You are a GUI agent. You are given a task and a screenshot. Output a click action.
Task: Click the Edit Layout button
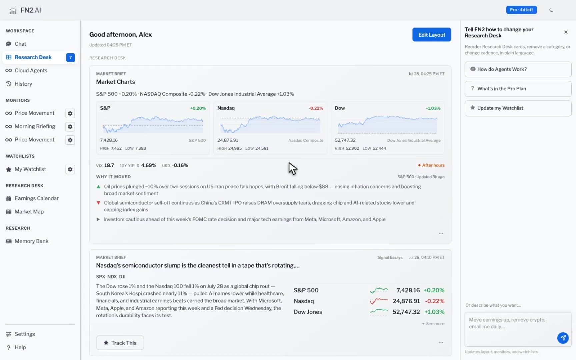coord(432,35)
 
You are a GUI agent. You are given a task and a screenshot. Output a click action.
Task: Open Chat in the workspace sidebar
coord(20,44)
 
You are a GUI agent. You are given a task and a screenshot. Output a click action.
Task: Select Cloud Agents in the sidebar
coord(31,71)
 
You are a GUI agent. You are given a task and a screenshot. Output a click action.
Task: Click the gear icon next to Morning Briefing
coord(70,127)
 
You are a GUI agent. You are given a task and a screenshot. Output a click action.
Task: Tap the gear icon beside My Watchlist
coord(70,169)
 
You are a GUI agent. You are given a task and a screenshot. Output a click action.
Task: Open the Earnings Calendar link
coord(37,198)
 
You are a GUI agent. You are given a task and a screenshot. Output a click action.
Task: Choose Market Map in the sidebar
coord(29,212)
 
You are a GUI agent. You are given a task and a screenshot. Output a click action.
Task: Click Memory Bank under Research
coord(32,241)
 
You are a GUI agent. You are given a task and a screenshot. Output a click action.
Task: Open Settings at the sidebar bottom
coord(25,334)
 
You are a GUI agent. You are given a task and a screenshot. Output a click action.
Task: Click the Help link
coord(20,347)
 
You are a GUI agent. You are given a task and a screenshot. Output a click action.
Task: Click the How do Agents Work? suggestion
coord(518,69)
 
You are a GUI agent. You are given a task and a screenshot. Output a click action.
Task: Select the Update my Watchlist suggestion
coord(518,108)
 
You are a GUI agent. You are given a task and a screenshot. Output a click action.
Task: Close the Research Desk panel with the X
coord(566,32)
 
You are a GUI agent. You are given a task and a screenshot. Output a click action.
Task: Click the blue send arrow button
coord(563,338)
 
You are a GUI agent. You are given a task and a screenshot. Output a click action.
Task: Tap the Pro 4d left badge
coord(521,10)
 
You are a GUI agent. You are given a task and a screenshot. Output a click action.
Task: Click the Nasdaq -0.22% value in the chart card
coord(316,108)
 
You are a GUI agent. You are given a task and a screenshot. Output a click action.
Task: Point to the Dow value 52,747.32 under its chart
coord(345,140)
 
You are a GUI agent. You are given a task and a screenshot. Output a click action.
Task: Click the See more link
coord(433,324)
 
